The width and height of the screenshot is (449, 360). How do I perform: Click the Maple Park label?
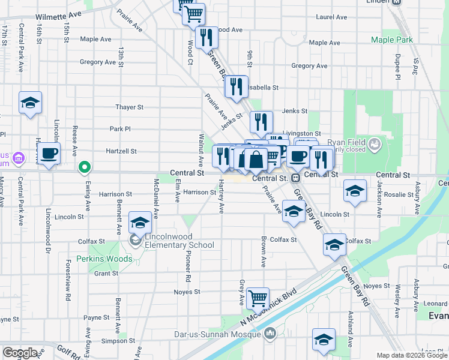[392, 40]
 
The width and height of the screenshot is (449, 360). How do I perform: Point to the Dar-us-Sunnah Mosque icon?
[270, 332]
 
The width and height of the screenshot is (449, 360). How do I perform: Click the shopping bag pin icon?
[256, 159]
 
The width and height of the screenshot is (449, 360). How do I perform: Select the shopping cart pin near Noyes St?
[258, 297]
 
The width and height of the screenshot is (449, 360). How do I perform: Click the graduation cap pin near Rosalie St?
[355, 191]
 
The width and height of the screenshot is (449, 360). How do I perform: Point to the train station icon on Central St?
[295, 178]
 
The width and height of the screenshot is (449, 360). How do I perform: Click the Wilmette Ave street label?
[58, 17]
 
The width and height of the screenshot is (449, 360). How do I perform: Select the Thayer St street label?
[130, 107]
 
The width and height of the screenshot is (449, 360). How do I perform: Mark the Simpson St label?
[115, 340]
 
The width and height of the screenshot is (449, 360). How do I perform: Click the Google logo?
[20, 353]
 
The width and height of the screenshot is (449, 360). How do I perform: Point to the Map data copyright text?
[411, 355]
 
